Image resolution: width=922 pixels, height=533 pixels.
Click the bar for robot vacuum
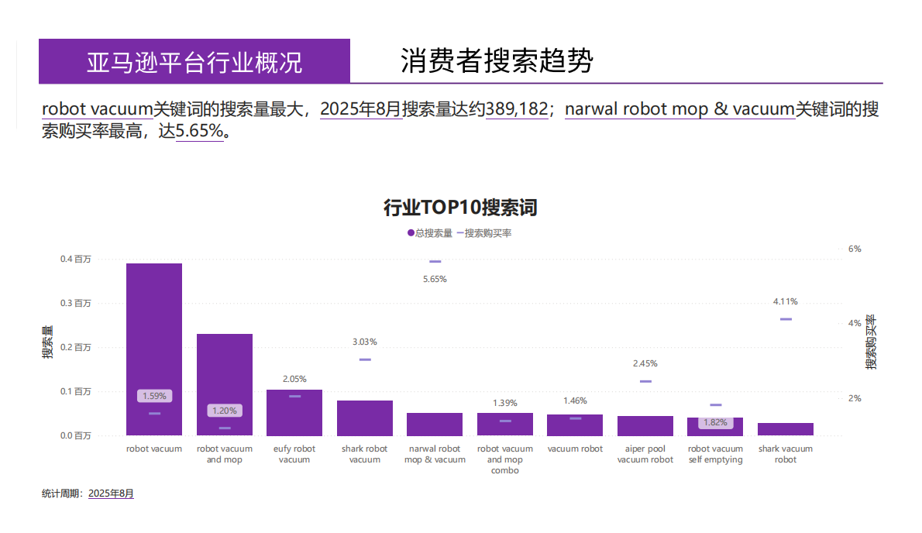click(154, 349)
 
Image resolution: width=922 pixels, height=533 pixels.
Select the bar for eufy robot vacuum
click(294, 412)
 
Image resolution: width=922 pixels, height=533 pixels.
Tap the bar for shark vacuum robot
click(786, 429)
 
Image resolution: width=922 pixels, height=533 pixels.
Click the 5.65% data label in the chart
click(435, 279)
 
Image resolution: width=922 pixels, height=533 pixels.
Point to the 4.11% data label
click(786, 301)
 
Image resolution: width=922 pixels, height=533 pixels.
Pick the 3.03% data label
click(365, 342)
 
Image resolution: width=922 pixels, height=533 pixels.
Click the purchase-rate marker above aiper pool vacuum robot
click(645, 381)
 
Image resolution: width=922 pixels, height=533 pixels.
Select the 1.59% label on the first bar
click(154, 396)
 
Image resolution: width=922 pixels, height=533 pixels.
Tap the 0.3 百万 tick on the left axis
click(76, 303)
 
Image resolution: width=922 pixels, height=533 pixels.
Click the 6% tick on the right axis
click(855, 249)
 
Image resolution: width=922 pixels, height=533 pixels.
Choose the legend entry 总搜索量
click(430, 232)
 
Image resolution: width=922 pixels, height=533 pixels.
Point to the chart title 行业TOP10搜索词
click(460, 208)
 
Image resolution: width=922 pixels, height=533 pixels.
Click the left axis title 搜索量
click(48, 342)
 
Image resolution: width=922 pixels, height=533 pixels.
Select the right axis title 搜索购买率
click(872, 342)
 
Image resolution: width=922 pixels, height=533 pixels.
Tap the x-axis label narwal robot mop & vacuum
click(435, 454)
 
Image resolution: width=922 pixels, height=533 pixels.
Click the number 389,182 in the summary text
click(517, 109)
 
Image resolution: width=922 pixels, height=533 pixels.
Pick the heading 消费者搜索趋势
click(497, 60)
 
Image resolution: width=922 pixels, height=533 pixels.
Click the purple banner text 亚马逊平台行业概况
click(194, 62)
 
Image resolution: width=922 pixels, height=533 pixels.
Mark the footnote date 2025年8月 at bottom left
click(111, 493)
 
